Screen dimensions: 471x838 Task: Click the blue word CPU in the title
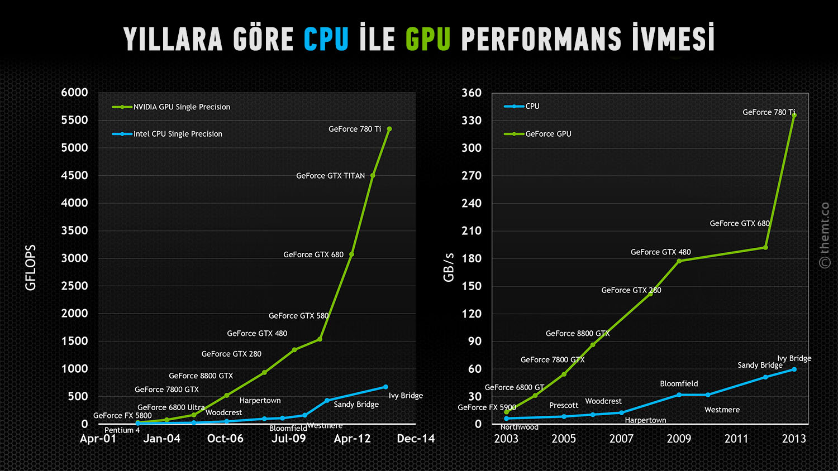tap(326, 39)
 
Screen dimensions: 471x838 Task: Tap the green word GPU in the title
tap(428, 39)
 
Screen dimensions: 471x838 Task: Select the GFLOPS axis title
tap(31, 267)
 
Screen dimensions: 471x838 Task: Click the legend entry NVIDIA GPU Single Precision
tap(181, 107)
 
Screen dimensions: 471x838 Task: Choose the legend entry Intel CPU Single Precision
tap(177, 134)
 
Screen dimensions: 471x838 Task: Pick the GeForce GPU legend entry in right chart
tap(547, 134)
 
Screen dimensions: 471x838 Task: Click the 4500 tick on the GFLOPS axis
tap(75, 175)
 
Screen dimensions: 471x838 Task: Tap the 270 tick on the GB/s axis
tap(472, 175)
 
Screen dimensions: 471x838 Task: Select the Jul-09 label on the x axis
tap(289, 439)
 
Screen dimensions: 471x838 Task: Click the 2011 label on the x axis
tap(736, 439)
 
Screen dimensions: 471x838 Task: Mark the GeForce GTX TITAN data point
tap(373, 175)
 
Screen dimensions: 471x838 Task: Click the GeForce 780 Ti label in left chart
tap(355, 129)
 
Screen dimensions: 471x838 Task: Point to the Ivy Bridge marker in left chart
tap(385, 387)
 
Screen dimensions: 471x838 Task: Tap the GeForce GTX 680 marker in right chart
tap(765, 247)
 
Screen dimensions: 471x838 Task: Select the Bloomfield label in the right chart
tap(679, 383)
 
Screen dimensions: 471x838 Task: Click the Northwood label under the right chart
tap(520, 427)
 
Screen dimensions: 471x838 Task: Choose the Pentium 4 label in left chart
tap(122, 430)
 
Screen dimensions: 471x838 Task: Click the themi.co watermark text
tap(825, 234)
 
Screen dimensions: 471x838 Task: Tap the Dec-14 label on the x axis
tap(416, 439)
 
